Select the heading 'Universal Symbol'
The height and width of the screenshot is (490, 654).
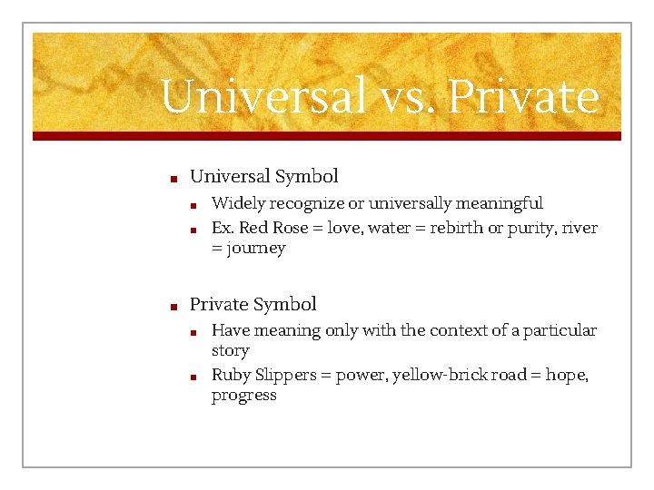pos(263,176)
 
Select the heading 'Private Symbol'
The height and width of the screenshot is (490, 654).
pos(253,304)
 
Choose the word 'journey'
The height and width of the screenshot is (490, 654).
pos(256,249)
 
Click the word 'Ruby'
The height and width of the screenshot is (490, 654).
pos(231,375)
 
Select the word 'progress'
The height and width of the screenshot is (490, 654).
pos(243,396)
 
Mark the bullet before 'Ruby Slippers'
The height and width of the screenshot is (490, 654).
pos(193,376)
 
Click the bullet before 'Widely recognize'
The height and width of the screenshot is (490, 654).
pos(193,204)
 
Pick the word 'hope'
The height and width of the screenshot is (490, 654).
pos(566,375)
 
